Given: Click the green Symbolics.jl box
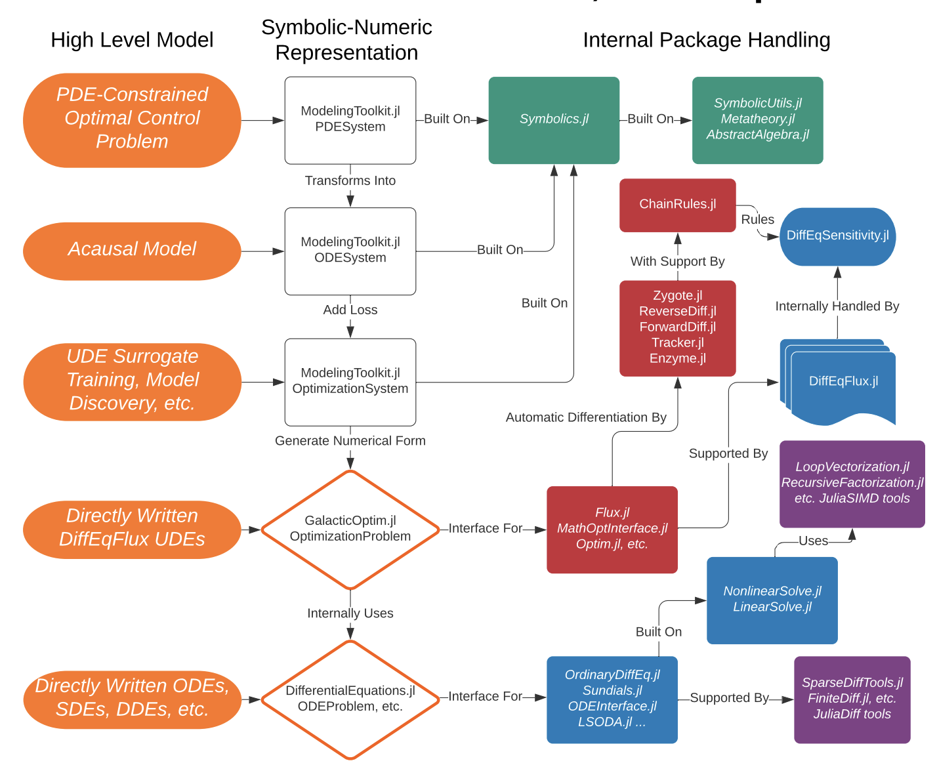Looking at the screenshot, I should (554, 120).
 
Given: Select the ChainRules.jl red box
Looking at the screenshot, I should (677, 205).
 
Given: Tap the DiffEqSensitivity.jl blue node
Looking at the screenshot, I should (837, 236).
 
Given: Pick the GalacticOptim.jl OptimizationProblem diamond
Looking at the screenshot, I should (350, 529).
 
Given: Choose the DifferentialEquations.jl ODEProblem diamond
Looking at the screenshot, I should (350, 699).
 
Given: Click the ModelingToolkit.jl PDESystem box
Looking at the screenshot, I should (350, 120).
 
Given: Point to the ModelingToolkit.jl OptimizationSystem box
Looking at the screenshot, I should (350, 382).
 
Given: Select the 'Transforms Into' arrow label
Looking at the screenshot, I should (350, 180).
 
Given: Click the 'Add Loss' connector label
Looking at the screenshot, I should (350, 310).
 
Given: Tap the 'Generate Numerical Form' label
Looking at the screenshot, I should (350, 441).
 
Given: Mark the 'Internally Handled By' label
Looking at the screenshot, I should (837, 306).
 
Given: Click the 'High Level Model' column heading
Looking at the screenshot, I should (132, 40).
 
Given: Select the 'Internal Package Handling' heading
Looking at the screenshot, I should (706, 40).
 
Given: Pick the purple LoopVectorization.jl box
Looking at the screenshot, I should (852, 484).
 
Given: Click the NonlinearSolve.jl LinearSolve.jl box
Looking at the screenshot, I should (772, 600).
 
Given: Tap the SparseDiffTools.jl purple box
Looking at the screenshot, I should (852, 699).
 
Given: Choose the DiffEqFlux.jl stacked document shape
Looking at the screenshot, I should (843, 382).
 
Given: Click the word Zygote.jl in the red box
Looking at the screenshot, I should (677, 296).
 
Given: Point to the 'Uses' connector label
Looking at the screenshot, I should (813, 541).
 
